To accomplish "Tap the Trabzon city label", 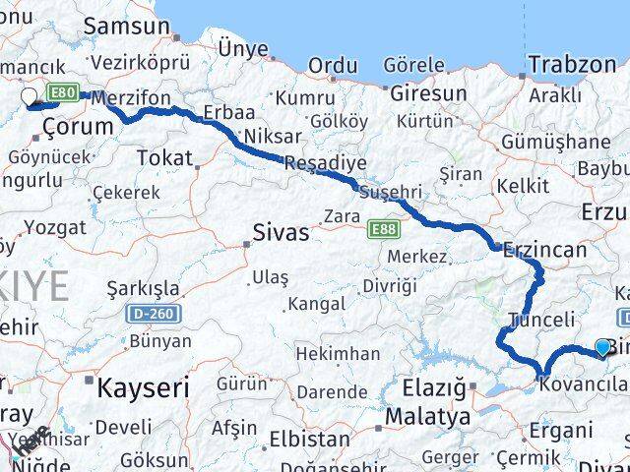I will (x=571, y=65).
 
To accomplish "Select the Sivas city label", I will (x=281, y=234).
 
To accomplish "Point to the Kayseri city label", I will (x=143, y=387).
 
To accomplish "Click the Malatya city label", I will (x=427, y=417).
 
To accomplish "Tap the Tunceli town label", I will (x=541, y=320).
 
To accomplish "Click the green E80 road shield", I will (x=64, y=93).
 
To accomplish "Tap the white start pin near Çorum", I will (x=29, y=97).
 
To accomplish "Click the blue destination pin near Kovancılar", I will (x=602, y=347).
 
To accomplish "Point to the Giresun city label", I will (x=428, y=94).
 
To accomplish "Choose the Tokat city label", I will (x=164, y=157).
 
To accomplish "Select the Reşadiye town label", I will (x=325, y=162).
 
